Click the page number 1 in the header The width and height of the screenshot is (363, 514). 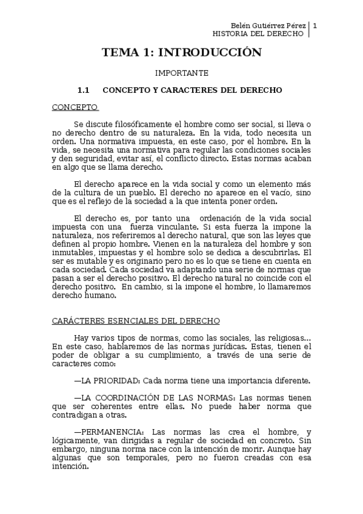315,25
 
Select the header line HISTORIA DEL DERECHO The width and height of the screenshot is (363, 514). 262,34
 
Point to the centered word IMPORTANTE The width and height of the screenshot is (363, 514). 181,73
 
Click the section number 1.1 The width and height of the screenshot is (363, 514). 83,90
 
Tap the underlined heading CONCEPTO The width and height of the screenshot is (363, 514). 74,107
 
